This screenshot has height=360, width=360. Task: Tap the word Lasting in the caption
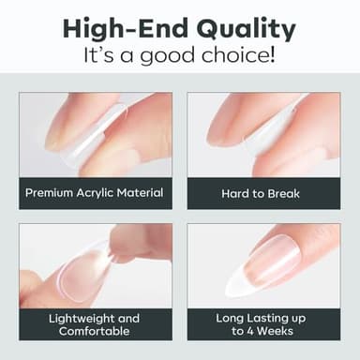(268, 317)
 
